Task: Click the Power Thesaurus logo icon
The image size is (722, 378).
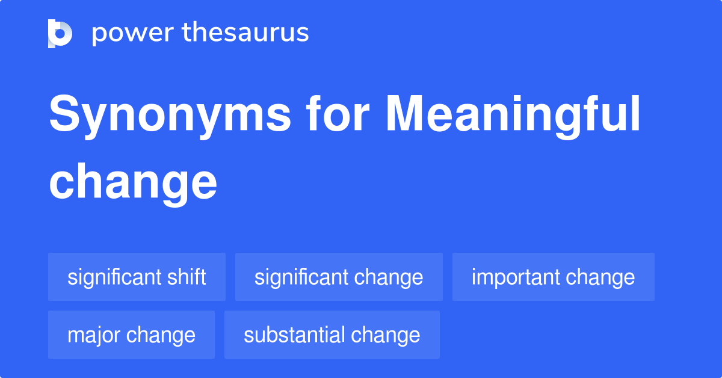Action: tap(60, 33)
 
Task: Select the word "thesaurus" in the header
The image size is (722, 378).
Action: tap(246, 33)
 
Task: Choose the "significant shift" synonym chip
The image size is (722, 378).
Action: tap(137, 277)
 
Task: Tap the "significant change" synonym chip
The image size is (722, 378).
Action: tap(339, 277)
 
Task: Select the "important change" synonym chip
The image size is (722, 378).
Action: tap(553, 277)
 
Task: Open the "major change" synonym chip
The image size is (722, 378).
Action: tap(131, 335)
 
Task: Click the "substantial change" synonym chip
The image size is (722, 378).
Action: tap(332, 335)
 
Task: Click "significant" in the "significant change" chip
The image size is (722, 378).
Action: tap(301, 277)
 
